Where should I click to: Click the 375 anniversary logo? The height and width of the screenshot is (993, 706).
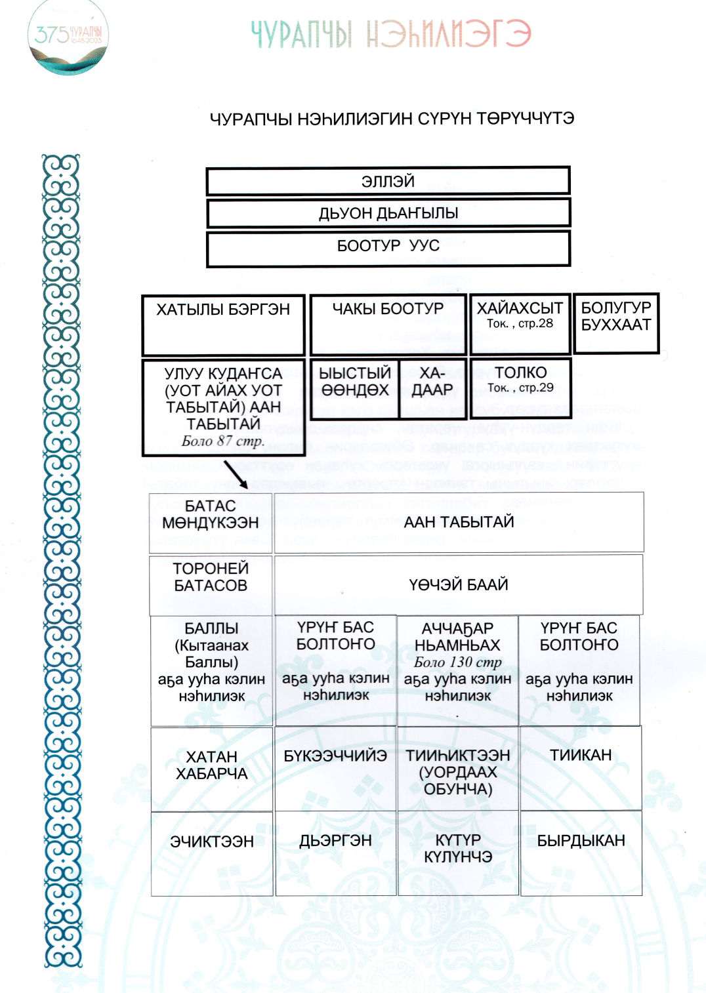coord(68,37)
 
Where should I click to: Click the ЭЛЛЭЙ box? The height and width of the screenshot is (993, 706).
coord(388,181)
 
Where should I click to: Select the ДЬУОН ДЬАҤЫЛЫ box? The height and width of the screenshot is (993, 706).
coord(388,213)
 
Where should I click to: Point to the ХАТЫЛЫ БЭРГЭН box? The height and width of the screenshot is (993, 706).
coord(223,325)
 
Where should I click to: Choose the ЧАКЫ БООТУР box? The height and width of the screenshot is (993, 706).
coord(388,325)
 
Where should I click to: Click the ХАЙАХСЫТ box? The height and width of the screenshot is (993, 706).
coord(520,323)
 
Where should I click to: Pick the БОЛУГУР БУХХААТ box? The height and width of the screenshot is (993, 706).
coord(616,323)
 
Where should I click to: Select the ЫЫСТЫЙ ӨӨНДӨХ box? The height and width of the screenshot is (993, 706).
coord(354,388)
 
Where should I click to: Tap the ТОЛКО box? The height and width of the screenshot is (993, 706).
coord(520,388)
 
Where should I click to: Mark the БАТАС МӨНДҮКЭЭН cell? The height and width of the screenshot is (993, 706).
coord(211,522)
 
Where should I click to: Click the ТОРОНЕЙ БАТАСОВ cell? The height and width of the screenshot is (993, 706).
coord(211,584)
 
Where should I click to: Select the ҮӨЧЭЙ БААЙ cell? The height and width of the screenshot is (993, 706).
coord(459,584)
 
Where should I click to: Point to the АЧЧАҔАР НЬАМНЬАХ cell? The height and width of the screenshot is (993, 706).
coord(457,670)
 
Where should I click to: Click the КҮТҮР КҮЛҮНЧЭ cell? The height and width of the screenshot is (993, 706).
coord(458,853)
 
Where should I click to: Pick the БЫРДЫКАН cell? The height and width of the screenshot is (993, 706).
coord(581,853)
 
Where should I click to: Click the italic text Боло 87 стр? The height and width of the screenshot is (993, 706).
coord(223,441)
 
